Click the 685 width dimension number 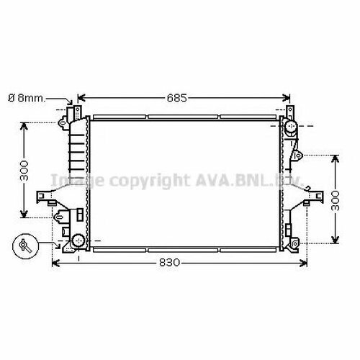(x=176, y=98)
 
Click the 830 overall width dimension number (x=169, y=263)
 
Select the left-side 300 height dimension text (x=24, y=171)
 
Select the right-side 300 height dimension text (x=335, y=201)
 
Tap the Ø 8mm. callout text (x=27, y=98)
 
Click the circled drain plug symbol (x=25, y=246)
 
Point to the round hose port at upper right (x=291, y=125)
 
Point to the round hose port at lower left (x=78, y=240)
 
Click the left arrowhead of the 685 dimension (x=81, y=98)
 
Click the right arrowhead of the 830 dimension (x=304, y=263)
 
